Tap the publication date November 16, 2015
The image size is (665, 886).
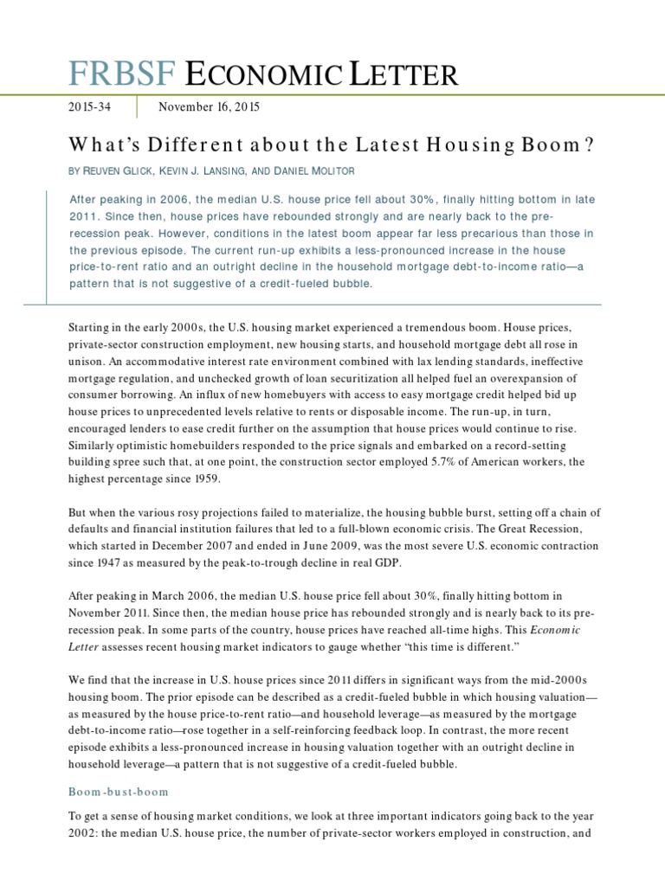click(x=208, y=108)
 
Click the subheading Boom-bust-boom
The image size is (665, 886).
click(x=118, y=792)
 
